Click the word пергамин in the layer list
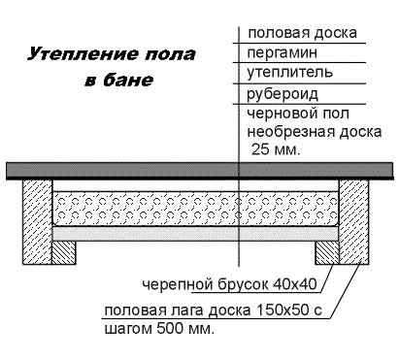click(x=282, y=52)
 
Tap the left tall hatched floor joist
click(x=39, y=221)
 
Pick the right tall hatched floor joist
click(x=352, y=221)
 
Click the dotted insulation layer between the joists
click(x=194, y=207)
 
